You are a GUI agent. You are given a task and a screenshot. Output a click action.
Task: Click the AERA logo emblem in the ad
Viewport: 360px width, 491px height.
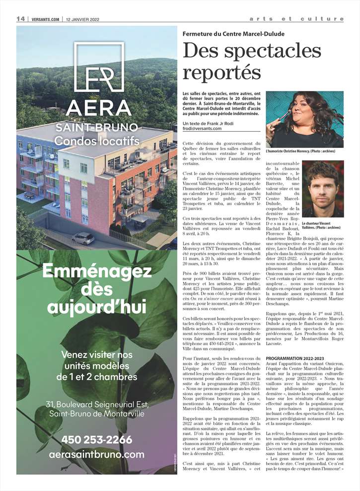click(98, 67)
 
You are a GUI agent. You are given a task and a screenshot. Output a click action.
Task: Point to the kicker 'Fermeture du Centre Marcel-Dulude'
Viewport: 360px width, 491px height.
click(233, 34)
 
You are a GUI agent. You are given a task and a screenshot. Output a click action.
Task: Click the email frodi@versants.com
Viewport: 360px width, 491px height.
click(202, 129)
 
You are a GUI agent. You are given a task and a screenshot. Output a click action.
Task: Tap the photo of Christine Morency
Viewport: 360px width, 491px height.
click(311, 119)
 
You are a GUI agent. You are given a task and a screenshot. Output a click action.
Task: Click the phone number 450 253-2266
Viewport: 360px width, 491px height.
click(97, 440)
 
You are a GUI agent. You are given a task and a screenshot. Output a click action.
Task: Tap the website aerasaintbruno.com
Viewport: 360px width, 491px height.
click(97, 454)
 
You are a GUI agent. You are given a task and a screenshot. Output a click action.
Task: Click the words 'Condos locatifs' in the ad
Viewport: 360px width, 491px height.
click(97, 141)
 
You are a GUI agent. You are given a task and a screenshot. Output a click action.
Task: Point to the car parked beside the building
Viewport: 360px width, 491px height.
click(83, 238)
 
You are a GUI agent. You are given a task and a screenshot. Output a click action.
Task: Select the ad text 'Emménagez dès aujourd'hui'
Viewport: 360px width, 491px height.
click(97, 289)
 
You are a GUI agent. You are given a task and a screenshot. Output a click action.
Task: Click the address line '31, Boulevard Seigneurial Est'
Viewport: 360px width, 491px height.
click(97, 403)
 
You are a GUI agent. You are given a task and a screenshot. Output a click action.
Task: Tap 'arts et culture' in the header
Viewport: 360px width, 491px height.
click(296, 19)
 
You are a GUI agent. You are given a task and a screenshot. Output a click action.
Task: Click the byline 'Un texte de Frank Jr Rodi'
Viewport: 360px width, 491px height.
click(209, 123)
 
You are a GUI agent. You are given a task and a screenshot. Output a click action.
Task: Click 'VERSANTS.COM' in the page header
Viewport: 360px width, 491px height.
click(45, 19)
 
